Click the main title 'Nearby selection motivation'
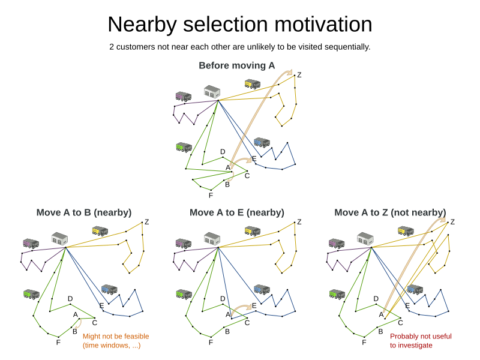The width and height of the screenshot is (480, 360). pyautogui.click(x=239, y=24)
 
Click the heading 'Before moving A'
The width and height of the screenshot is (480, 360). pyautogui.click(x=236, y=65)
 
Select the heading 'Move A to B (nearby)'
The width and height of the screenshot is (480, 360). pyautogui.click(x=84, y=212)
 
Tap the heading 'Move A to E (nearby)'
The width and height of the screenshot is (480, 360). pyautogui.click(x=237, y=212)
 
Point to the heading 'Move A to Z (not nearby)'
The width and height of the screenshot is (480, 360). pyautogui.click(x=390, y=212)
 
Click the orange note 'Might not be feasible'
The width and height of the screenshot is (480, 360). pyautogui.click(x=116, y=337)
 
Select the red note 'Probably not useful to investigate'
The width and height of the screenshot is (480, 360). pyautogui.click(x=421, y=341)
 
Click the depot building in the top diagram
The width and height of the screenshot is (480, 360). pyautogui.click(x=212, y=92)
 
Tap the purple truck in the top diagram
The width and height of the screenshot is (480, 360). pyautogui.click(x=183, y=96)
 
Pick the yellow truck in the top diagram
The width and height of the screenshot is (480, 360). pyautogui.click(x=252, y=83)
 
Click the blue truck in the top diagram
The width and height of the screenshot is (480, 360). pyautogui.click(x=261, y=142)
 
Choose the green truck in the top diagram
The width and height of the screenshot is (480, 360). pyautogui.click(x=184, y=147)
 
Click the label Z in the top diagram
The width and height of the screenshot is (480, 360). pyautogui.click(x=299, y=75)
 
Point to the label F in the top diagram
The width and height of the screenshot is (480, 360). pyautogui.click(x=211, y=195)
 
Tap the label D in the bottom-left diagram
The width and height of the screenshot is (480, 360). pyautogui.click(x=70, y=298)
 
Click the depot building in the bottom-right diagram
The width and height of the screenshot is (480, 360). pyautogui.click(x=365, y=239)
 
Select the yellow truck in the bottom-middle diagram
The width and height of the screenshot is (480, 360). pyautogui.click(x=252, y=231)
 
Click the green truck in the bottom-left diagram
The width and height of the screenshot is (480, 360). pyautogui.click(x=31, y=294)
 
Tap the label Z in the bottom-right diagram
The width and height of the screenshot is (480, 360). pyautogui.click(x=452, y=222)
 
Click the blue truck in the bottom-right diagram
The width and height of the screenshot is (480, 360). pyautogui.click(x=414, y=290)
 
